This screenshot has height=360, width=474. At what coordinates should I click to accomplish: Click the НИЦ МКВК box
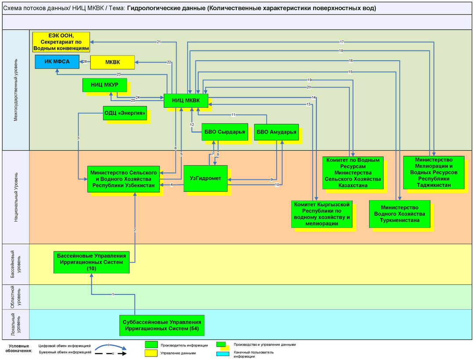pyautogui.click(x=186, y=101)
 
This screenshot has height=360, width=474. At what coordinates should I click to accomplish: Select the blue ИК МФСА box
pyautogui.click(x=57, y=62)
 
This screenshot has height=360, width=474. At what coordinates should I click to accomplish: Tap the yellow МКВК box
pyautogui.click(x=112, y=62)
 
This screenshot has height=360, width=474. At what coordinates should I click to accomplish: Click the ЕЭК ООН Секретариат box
pyautogui.click(x=61, y=42)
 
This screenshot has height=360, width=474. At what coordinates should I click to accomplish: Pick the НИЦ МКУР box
pyautogui.click(x=105, y=85)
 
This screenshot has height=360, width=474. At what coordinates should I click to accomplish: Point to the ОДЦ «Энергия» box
pyautogui.click(x=125, y=113)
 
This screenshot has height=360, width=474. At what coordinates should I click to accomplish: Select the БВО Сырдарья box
pyautogui.click(x=225, y=132)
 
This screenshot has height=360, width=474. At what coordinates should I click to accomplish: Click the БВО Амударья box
pyautogui.click(x=276, y=132)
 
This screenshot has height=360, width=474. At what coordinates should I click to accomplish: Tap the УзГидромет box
pyautogui.click(x=206, y=178)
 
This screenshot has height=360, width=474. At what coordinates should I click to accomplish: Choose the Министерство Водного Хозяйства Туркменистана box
pyautogui.click(x=400, y=214)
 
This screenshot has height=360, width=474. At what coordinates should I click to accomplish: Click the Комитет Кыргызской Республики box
pyautogui.click(x=322, y=214)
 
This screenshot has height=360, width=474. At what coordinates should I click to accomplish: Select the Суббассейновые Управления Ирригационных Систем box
pyautogui.click(x=162, y=326)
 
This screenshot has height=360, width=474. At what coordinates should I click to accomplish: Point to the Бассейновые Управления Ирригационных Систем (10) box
pyautogui.click(x=92, y=262)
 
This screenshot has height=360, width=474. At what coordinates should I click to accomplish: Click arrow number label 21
pyautogui.click(x=159, y=42)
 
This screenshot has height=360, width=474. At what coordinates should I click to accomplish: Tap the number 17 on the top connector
pyautogui.click(x=342, y=42)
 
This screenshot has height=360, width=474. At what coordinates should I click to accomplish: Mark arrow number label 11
pyautogui.click(x=233, y=115)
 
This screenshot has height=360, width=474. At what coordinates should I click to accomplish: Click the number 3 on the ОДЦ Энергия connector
pyautogui.click(x=78, y=138)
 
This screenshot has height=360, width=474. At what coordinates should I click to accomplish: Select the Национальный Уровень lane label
pyautogui.click(x=16, y=197)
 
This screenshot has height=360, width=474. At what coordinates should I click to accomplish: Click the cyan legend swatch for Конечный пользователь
pyautogui.click(x=223, y=354)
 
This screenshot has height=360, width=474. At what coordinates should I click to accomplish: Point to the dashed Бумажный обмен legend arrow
pyautogui.click(x=111, y=353)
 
